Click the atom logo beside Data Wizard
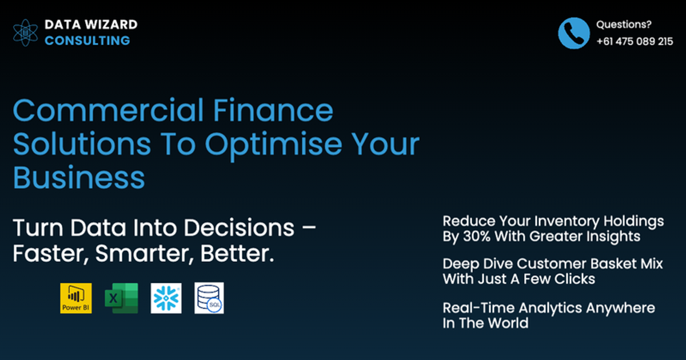point(26,33)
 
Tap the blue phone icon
point(574,33)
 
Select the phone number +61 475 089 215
point(635,41)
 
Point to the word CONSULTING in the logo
point(87,41)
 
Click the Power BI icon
point(76,298)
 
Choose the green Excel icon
point(121,298)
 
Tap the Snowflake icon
point(166,298)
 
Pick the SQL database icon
point(209,298)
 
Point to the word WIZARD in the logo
point(109,25)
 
